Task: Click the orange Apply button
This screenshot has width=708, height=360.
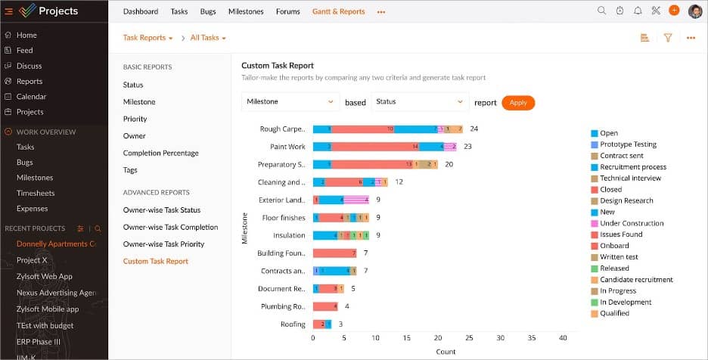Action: click(x=518, y=103)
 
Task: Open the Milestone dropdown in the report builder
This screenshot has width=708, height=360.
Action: click(x=290, y=101)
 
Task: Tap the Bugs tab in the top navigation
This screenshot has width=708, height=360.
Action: click(x=208, y=11)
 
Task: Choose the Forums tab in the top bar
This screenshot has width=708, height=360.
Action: click(x=287, y=11)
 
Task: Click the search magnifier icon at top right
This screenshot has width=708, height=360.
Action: click(x=601, y=11)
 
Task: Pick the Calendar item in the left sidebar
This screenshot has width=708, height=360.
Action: click(x=31, y=97)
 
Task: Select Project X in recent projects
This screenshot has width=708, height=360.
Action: click(x=32, y=260)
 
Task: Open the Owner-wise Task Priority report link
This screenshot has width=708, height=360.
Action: click(x=163, y=244)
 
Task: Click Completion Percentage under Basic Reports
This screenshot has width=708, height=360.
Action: click(x=160, y=153)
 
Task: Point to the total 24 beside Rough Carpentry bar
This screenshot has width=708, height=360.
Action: click(x=474, y=129)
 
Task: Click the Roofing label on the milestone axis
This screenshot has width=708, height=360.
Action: click(x=293, y=324)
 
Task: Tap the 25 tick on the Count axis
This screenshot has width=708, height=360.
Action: click(x=469, y=338)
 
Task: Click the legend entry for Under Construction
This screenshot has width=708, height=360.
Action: click(x=631, y=223)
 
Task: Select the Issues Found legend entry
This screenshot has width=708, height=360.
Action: click(x=620, y=234)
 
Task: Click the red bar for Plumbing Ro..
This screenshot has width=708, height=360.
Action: click(x=325, y=306)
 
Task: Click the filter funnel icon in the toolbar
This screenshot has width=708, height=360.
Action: click(x=668, y=38)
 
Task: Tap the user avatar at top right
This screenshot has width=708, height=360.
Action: click(x=695, y=11)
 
